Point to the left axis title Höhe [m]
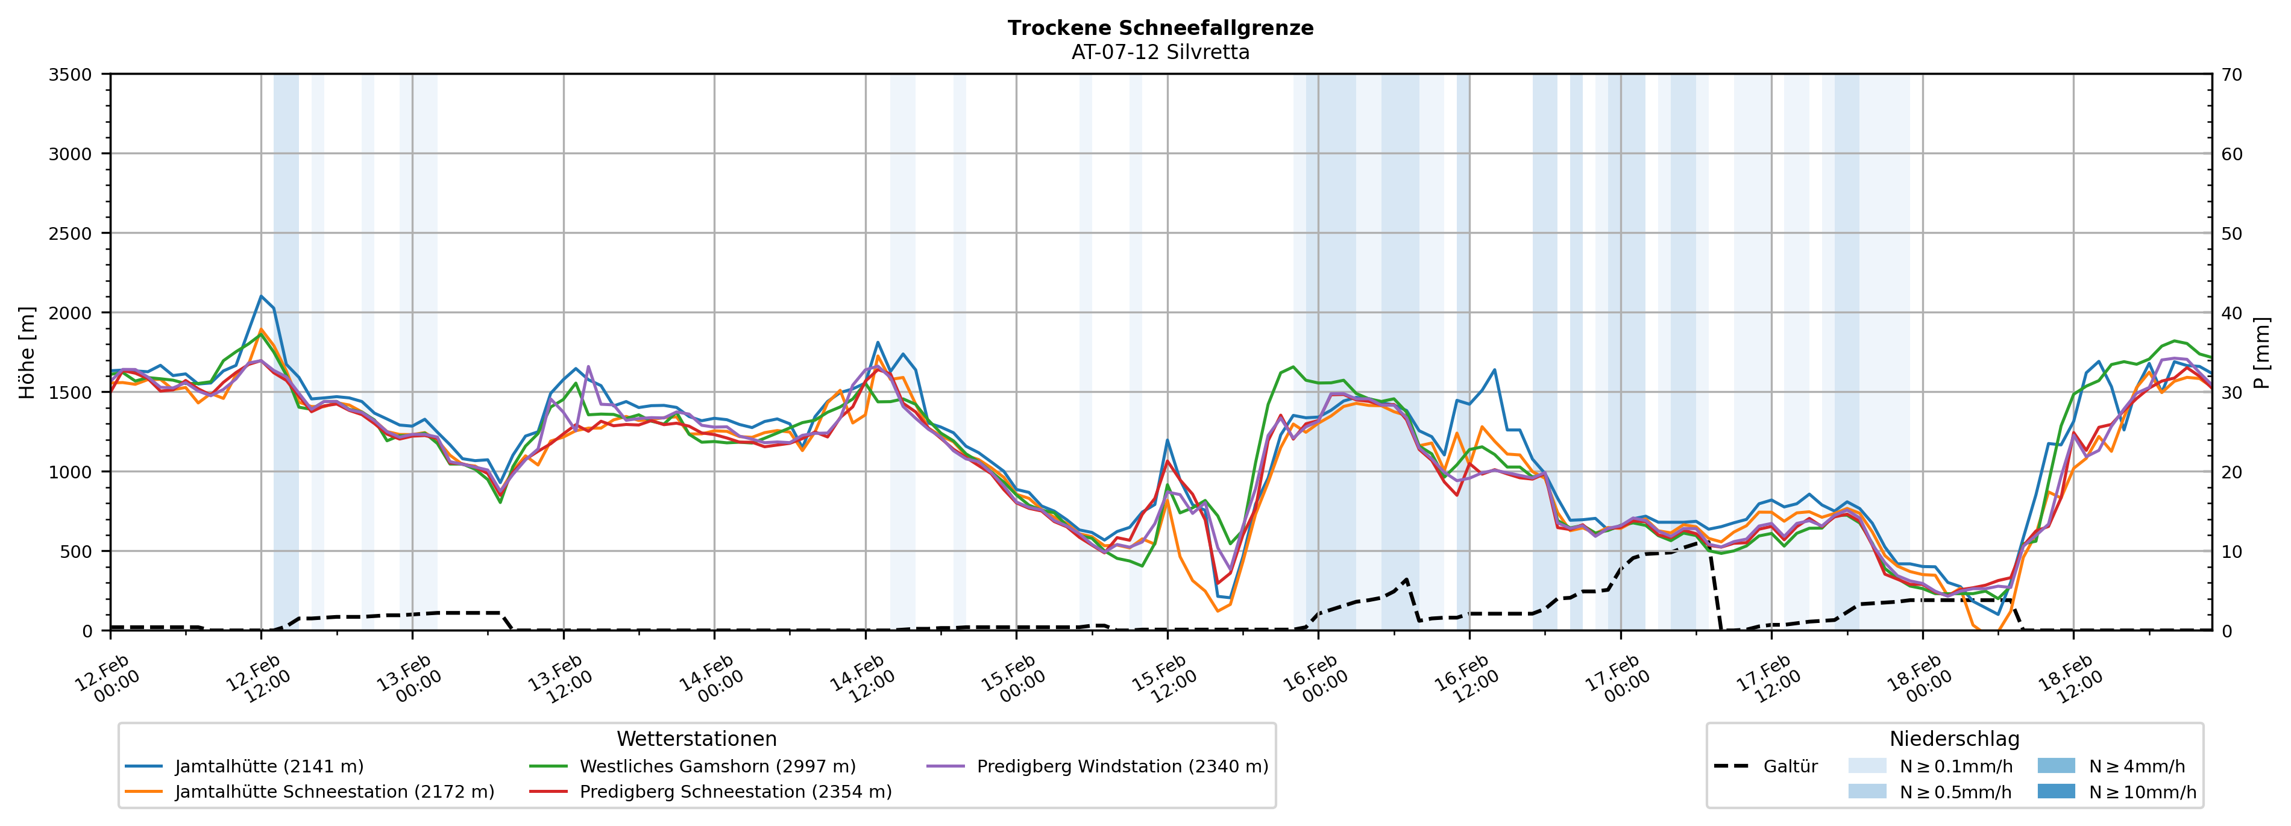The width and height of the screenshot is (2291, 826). click(x=28, y=352)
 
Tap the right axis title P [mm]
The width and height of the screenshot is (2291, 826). click(x=2261, y=352)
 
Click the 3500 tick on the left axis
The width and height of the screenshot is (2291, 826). click(x=71, y=75)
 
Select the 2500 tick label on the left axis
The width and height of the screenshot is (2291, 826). click(x=71, y=234)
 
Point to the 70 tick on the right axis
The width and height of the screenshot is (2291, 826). click(x=2231, y=75)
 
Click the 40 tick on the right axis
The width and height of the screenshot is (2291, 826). click(x=2231, y=313)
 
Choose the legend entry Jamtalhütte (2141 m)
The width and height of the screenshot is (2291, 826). click(x=269, y=766)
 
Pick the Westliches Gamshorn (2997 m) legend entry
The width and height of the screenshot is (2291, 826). click(x=717, y=766)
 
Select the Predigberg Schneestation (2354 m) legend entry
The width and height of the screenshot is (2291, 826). click(x=735, y=791)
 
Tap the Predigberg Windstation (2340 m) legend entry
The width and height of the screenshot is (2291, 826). click(x=1122, y=766)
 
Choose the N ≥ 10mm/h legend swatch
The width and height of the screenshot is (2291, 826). click(x=2055, y=791)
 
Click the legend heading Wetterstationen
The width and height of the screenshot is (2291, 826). click(x=696, y=739)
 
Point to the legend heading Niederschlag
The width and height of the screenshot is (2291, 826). click(x=1954, y=739)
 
